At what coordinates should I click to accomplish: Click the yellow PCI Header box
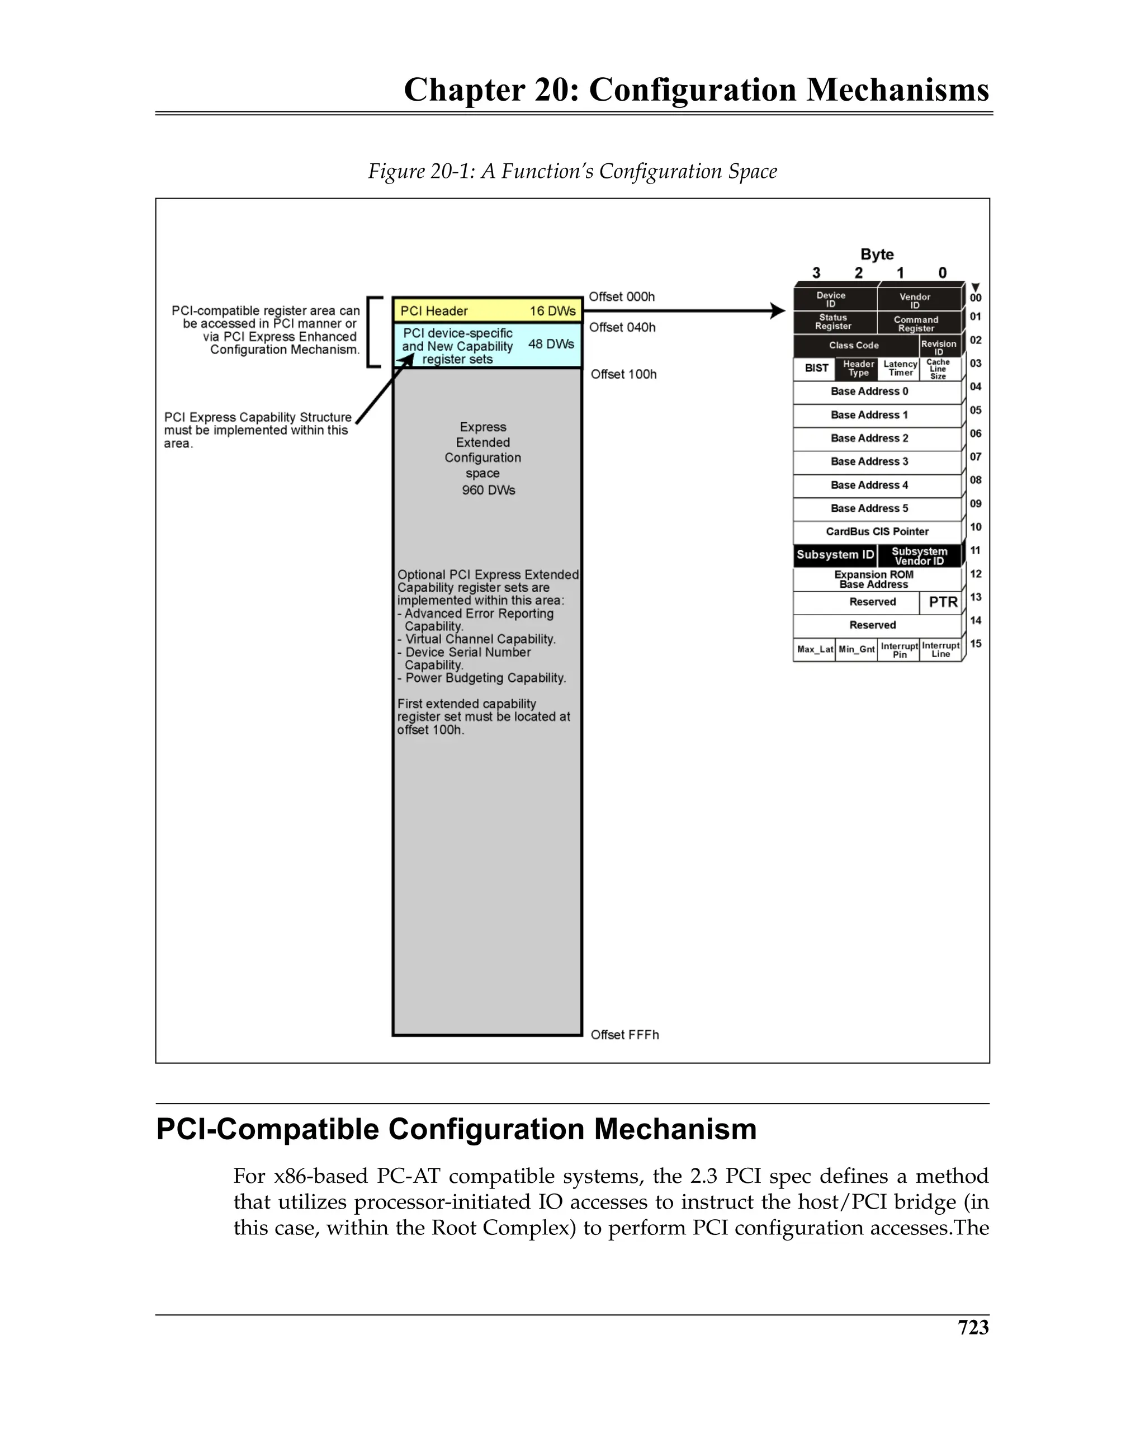point(487,310)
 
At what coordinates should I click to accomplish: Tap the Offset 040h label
point(622,327)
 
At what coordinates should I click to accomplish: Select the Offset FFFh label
point(624,1034)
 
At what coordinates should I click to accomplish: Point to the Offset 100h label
point(623,375)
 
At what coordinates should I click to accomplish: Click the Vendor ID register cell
point(919,300)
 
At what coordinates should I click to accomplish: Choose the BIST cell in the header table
point(816,369)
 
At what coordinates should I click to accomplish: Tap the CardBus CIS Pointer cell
point(877,531)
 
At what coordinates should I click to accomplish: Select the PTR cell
point(942,602)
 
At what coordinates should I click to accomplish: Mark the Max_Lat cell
point(815,649)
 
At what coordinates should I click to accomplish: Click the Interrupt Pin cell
point(899,650)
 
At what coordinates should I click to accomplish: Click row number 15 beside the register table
point(976,644)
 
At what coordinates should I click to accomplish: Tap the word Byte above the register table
point(877,254)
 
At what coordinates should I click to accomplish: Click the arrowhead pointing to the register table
point(777,310)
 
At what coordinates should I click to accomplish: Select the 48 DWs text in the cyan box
point(551,344)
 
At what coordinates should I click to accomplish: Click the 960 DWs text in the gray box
point(488,490)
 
